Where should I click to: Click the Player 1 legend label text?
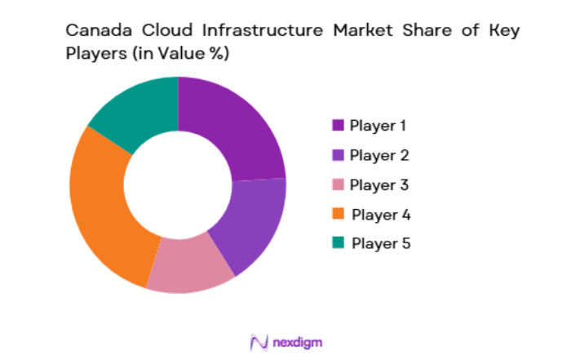[378, 125]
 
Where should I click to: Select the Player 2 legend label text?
[379, 155]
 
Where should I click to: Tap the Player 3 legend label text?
[379, 184]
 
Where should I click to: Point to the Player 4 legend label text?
[381, 214]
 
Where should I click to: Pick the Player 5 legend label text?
[381, 243]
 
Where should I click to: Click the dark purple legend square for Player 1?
[337, 125]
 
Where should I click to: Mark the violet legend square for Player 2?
[337, 155]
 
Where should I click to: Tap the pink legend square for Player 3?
[337, 184]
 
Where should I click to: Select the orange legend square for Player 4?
[337, 214]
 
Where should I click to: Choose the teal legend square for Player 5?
[337, 243]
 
